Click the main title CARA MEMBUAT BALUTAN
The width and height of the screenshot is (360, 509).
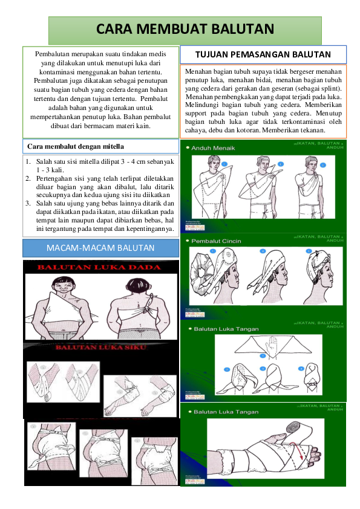coord(185,29)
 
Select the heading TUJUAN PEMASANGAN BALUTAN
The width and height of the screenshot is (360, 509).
coord(263,54)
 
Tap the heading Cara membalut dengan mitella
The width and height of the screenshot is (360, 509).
coord(76,146)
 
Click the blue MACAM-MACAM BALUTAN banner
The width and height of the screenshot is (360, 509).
coord(100,248)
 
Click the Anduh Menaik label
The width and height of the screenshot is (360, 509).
coord(213,148)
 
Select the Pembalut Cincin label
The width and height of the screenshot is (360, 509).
coord(216,241)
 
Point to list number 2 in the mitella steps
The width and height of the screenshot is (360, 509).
coord(28,179)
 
